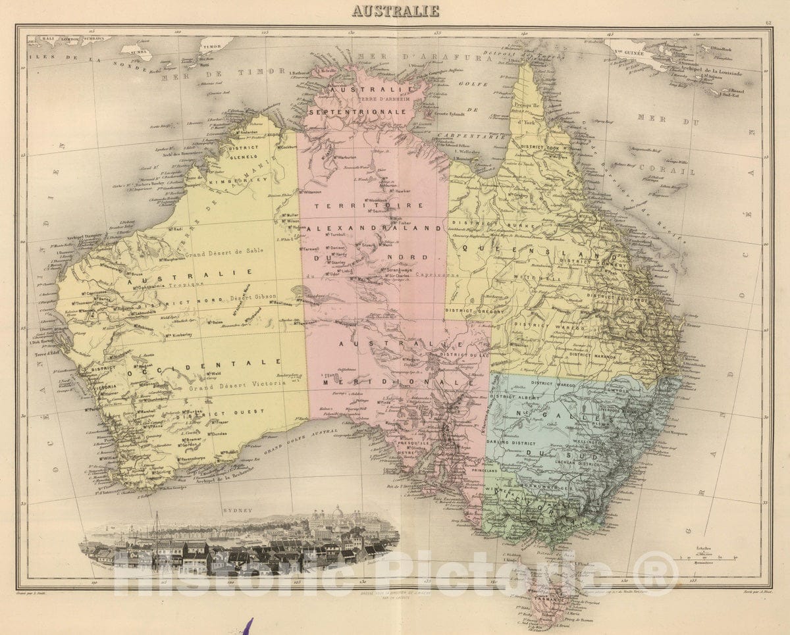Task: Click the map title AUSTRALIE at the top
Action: click(395, 11)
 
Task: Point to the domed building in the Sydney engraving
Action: click(337, 513)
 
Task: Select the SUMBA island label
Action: click(138, 50)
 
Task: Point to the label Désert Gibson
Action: click(253, 298)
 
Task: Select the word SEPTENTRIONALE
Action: click(369, 112)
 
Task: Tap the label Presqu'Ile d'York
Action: click(525, 112)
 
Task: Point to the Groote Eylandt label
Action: click(449, 114)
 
